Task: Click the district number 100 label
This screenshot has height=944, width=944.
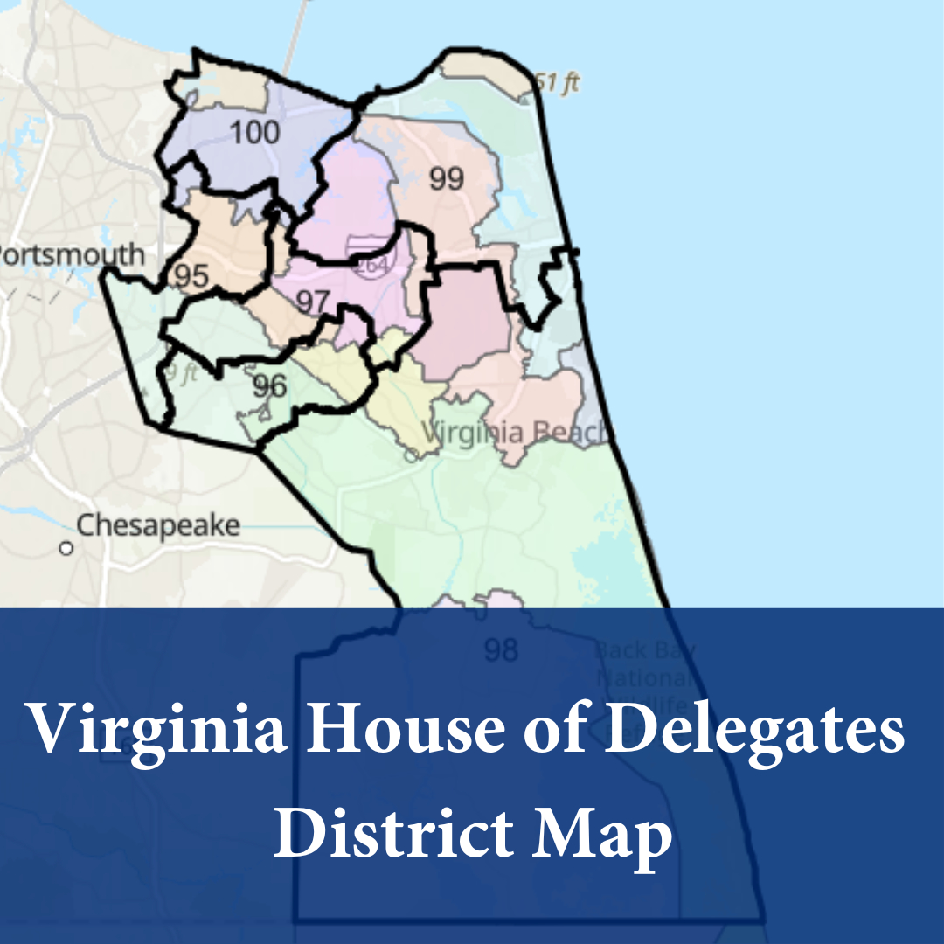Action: click(x=255, y=133)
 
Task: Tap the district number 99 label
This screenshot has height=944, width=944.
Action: click(x=446, y=178)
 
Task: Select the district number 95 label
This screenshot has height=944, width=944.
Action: click(x=191, y=276)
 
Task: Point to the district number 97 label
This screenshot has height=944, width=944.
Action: click(x=312, y=302)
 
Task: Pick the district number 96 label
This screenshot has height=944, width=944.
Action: click(x=269, y=385)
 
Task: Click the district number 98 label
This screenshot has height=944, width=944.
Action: click(x=501, y=650)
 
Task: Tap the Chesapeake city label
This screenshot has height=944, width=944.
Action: click(x=158, y=526)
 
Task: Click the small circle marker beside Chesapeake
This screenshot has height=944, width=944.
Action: click(x=66, y=549)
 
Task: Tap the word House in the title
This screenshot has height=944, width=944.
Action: click(x=371, y=730)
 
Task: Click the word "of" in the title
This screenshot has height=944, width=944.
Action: click(x=524, y=730)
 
